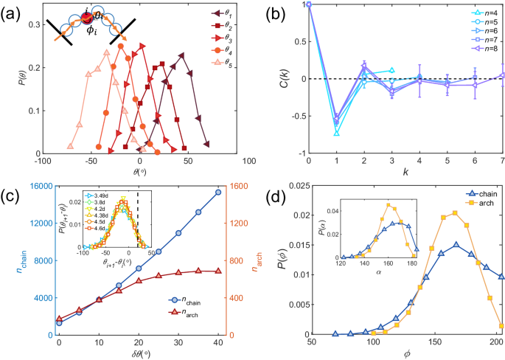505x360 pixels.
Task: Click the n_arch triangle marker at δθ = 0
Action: pyautogui.click(x=59, y=319)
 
